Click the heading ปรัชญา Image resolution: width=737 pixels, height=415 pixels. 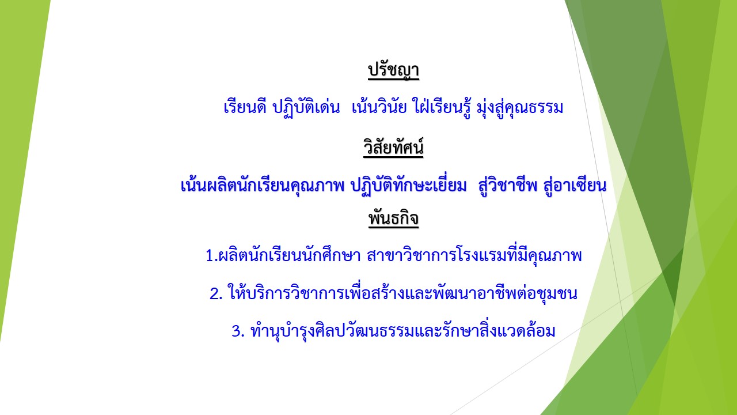point(393,70)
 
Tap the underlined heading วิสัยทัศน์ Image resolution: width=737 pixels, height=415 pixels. point(393,147)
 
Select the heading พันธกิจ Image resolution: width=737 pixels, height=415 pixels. point(393,218)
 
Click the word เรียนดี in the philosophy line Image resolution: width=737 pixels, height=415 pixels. point(245,107)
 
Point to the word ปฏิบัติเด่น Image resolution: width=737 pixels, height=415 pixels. point(306,107)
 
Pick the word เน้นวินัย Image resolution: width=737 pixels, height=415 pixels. point(379,107)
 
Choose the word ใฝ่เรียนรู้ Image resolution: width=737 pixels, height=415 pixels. point(442,107)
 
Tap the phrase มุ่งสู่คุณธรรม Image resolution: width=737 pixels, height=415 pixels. point(520,107)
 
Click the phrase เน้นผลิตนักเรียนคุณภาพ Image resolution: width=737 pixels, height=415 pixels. point(262,186)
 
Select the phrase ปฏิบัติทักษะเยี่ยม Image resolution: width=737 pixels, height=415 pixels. point(409,186)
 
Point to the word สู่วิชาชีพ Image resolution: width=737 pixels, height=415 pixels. point(508,184)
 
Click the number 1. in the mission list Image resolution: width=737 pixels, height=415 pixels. point(211,255)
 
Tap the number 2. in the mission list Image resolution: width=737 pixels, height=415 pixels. point(216,294)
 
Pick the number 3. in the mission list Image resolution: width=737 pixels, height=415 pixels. point(238,331)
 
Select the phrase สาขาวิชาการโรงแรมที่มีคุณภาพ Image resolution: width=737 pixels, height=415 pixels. point(474,255)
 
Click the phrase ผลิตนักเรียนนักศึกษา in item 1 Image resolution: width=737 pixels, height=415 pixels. point(290,255)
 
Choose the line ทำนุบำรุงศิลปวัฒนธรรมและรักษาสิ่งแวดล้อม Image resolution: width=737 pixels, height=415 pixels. point(403,330)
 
